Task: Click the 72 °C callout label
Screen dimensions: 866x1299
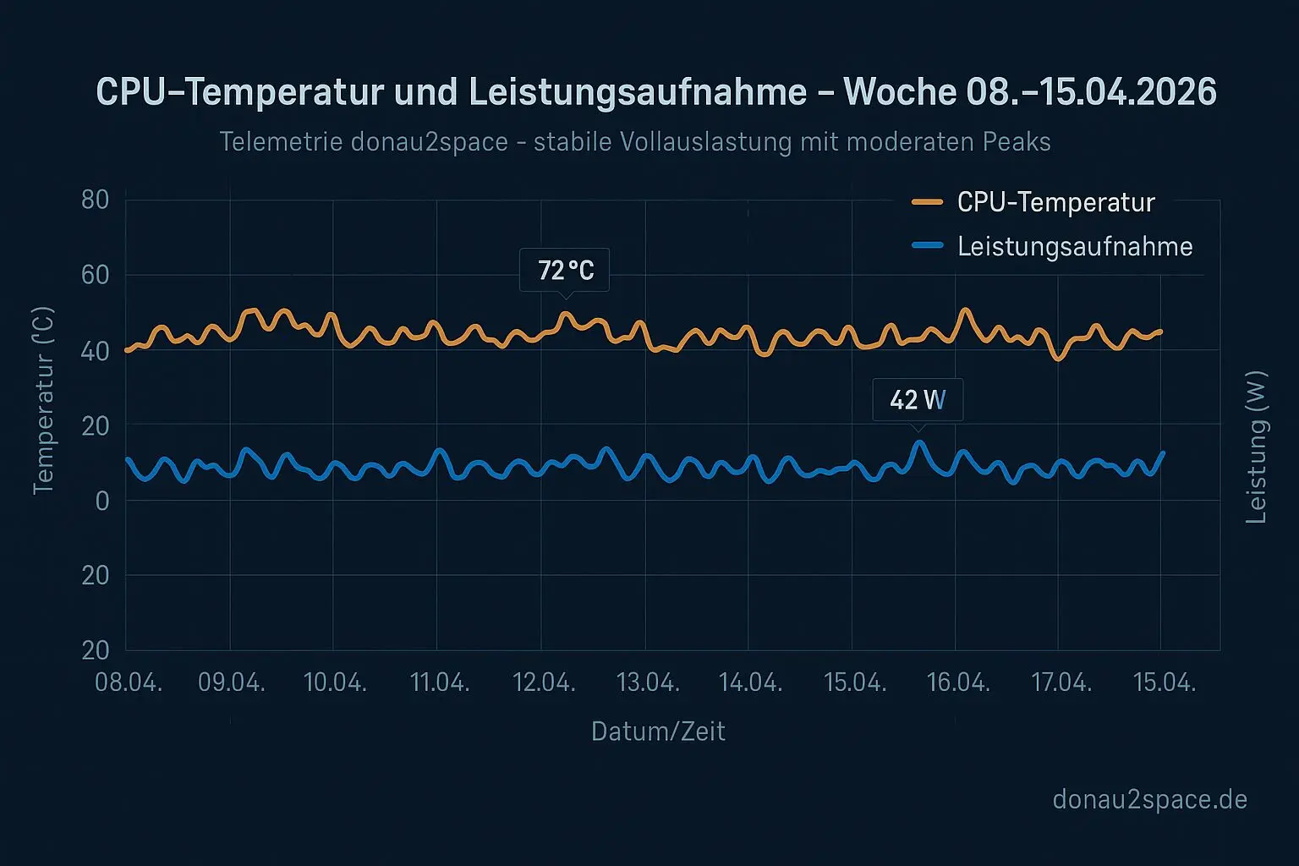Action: click(x=565, y=271)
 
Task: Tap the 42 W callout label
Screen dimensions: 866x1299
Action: click(x=918, y=399)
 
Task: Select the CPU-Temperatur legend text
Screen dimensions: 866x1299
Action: click(x=1055, y=203)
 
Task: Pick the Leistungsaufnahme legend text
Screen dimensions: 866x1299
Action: click(x=1075, y=247)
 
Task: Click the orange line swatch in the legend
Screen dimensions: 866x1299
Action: click(x=928, y=202)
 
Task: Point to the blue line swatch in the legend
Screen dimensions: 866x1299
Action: click(x=928, y=246)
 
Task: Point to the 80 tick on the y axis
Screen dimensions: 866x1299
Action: click(x=96, y=200)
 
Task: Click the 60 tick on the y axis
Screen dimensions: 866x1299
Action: click(x=96, y=275)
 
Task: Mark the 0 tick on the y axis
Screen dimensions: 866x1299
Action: click(x=102, y=501)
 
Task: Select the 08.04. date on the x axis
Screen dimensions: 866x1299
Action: click(x=129, y=682)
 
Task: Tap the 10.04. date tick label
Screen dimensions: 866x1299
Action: click(x=335, y=682)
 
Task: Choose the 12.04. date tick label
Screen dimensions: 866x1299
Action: click(x=544, y=682)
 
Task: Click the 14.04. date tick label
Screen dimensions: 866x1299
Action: click(x=750, y=682)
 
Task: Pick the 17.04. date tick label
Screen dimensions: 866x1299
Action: click(x=1061, y=682)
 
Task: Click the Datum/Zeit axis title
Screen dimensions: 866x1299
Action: click(x=658, y=732)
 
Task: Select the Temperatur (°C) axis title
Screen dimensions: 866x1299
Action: click(x=43, y=401)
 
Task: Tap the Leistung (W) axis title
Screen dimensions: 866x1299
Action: click(x=1257, y=447)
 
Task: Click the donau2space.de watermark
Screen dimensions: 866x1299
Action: click(x=1149, y=799)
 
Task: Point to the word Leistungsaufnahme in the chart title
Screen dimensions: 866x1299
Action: click(x=638, y=91)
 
